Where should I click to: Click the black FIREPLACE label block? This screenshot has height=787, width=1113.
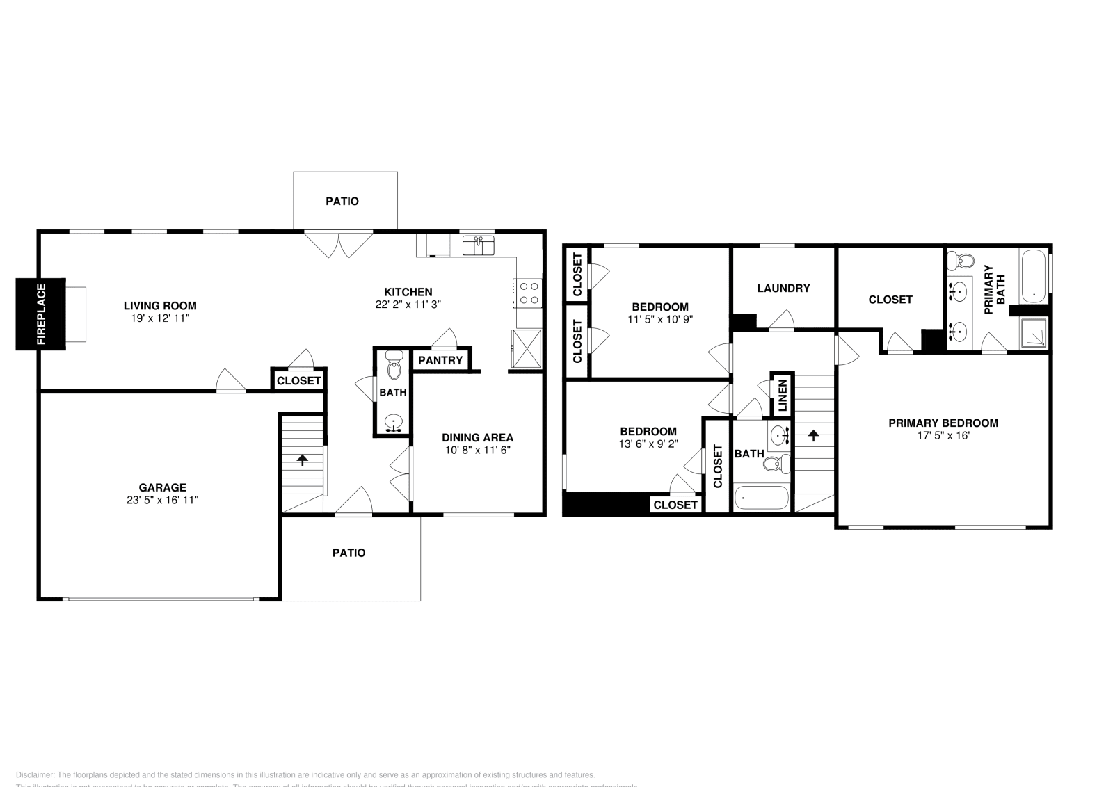pyautogui.click(x=41, y=314)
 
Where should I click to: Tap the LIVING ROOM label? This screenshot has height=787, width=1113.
pyautogui.click(x=160, y=305)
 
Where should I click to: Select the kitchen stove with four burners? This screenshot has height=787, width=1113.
pyautogui.click(x=527, y=293)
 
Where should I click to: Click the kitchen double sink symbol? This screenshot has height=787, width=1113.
pyautogui.click(x=479, y=245)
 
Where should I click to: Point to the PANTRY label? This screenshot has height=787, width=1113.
pyautogui.click(x=440, y=360)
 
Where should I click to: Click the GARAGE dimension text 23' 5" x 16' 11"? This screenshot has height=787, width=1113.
pyautogui.click(x=163, y=500)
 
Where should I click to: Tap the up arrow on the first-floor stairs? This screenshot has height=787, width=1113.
pyautogui.click(x=303, y=460)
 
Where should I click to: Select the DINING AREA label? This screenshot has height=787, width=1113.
pyautogui.click(x=478, y=437)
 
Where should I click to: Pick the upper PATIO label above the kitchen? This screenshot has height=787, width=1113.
pyautogui.click(x=342, y=201)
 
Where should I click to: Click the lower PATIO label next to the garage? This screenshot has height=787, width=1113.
pyautogui.click(x=349, y=553)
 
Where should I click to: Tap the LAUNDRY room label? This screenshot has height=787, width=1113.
pyautogui.click(x=783, y=288)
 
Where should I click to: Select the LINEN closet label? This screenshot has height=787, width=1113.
pyautogui.click(x=782, y=396)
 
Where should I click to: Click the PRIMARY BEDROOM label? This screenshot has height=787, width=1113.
pyautogui.click(x=943, y=423)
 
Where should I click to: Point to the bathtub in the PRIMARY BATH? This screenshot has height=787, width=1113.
pyautogui.click(x=1034, y=276)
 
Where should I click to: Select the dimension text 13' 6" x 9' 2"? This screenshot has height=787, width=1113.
pyautogui.click(x=648, y=443)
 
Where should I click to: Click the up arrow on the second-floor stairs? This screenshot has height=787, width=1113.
pyautogui.click(x=813, y=436)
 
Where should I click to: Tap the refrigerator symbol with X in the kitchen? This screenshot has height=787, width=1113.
pyautogui.click(x=526, y=348)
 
